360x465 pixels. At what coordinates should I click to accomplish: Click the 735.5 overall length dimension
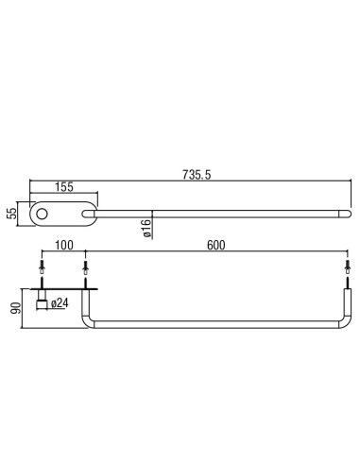click(x=197, y=175)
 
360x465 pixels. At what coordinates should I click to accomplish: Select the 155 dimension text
click(x=64, y=187)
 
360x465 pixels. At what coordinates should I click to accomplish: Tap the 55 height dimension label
click(x=11, y=214)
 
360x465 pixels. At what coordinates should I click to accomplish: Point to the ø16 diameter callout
click(x=146, y=228)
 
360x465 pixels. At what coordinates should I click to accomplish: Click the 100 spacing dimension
click(x=64, y=245)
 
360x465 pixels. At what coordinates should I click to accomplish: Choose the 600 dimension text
click(x=216, y=245)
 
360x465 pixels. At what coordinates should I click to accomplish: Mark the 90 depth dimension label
click(x=16, y=308)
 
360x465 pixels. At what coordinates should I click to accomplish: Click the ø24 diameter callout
click(x=60, y=303)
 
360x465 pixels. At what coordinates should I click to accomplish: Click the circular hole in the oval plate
click(x=42, y=214)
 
